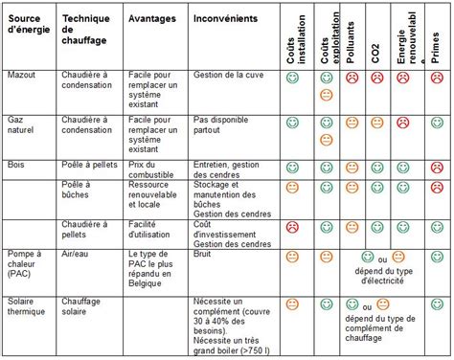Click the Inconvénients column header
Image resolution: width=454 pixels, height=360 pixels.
tap(223, 18)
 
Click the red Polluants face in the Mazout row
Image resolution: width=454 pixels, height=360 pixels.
tap(352, 77)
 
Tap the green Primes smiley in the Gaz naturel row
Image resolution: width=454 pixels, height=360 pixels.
tap(437, 123)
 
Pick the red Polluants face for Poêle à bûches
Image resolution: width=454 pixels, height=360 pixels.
tap(352, 188)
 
